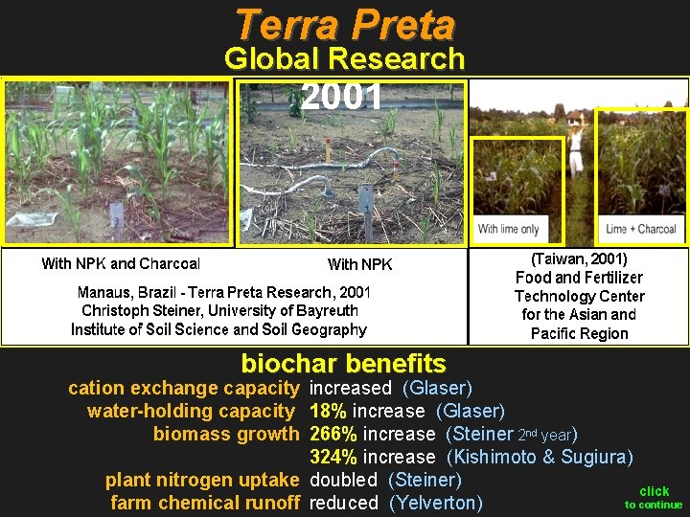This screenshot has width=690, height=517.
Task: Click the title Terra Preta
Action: click(344, 23)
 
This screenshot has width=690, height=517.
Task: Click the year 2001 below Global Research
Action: click(341, 97)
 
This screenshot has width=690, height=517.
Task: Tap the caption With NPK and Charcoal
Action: click(121, 263)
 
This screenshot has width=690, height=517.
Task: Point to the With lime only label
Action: click(508, 229)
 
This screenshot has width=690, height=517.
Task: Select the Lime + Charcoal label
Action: click(641, 229)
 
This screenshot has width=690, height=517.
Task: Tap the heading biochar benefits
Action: click(343, 364)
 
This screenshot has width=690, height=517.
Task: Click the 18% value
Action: click(329, 411)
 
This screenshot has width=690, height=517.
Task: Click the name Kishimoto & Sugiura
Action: click(540, 457)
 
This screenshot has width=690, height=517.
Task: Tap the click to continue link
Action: click(654, 498)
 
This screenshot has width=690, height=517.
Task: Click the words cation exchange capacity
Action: click(183, 388)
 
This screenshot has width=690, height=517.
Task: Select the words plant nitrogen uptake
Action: click(202, 480)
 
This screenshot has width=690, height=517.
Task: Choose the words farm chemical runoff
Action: click(205, 503)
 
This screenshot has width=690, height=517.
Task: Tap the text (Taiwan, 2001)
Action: click(579, 258)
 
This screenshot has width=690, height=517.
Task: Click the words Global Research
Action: click(344, 59)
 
